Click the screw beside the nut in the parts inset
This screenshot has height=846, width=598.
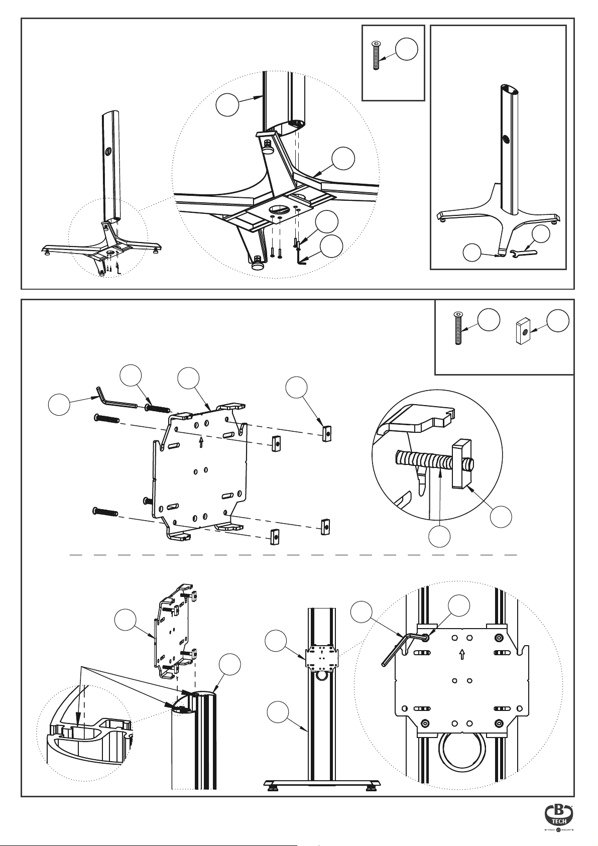click(458, 327)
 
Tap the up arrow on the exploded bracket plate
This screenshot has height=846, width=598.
click(201, 441)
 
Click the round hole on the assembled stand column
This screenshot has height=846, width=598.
click(505, 139)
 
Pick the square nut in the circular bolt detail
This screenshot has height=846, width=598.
click(461, 464)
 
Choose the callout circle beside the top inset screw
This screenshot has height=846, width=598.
click(406, 49)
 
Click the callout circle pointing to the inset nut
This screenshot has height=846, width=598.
click(558, 321)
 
